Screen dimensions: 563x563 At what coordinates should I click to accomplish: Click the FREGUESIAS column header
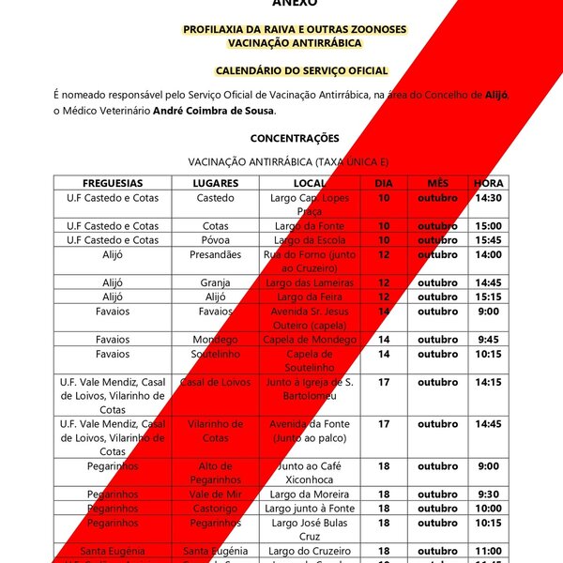tap(113, 183)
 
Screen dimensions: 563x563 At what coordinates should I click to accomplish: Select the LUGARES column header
tap(216, 183)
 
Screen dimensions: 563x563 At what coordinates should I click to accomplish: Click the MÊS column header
tap(437, 183)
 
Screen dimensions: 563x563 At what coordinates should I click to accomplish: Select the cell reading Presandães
tap(216, 254)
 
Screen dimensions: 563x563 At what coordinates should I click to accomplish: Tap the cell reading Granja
tap(216, 282)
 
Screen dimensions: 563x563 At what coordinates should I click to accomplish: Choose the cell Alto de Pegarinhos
tap(216, 472)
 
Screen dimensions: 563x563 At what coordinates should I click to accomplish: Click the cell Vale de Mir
tap(216, 494)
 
